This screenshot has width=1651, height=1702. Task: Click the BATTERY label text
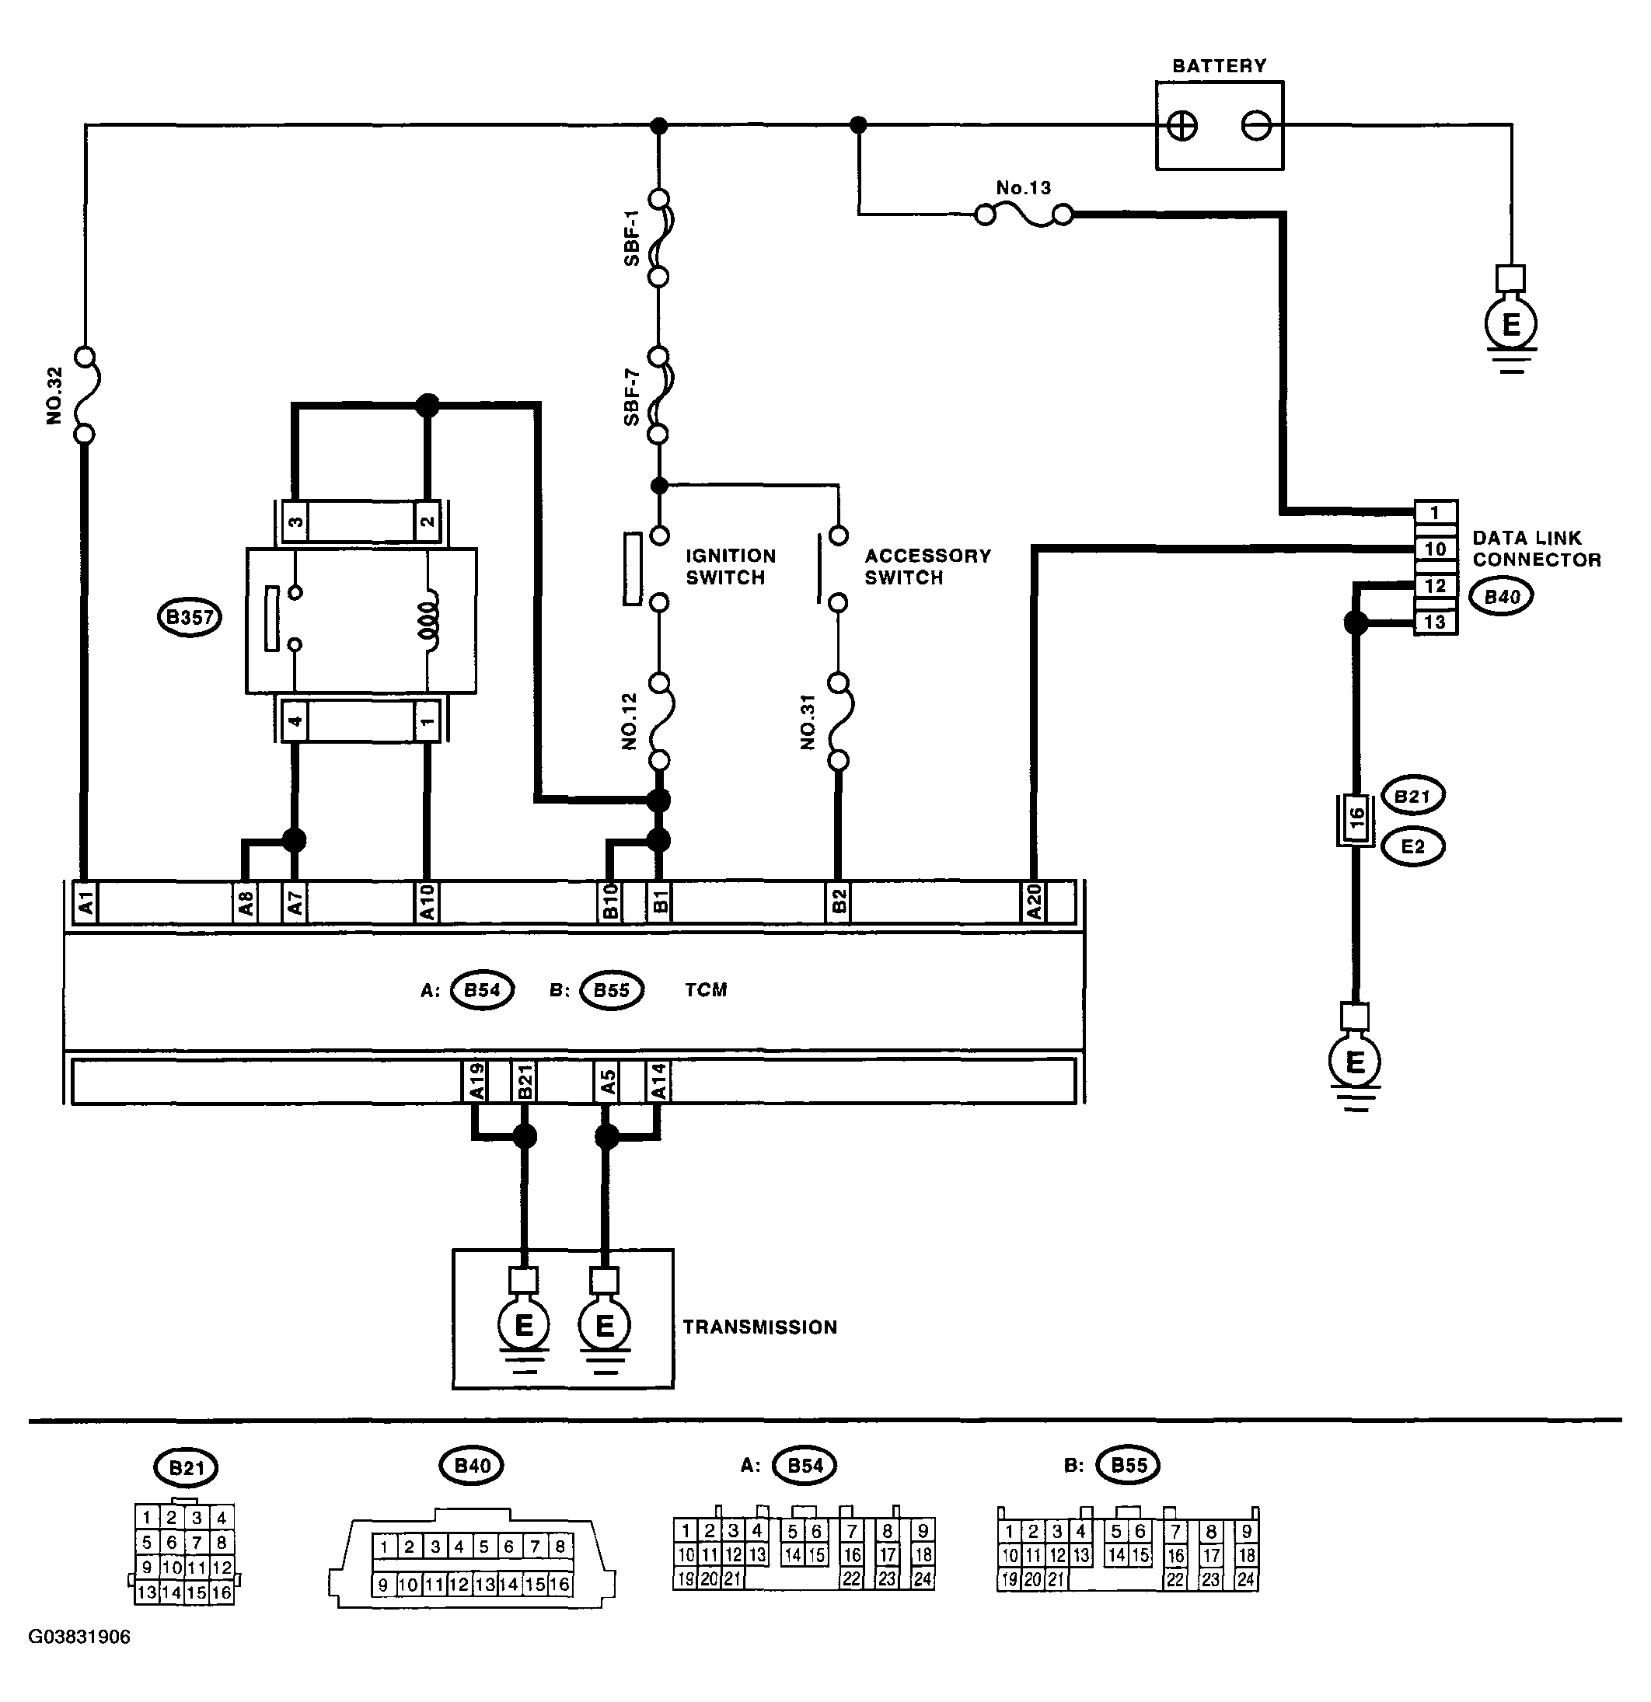click(1219, 66)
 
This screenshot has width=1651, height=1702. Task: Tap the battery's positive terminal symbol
click(1182, 126)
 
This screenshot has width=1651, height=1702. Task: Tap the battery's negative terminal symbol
click(1256, 126)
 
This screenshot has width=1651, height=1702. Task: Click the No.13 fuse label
click(1023, 187)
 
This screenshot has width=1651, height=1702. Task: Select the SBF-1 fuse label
click(631, 237)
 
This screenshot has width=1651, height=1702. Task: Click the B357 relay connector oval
click(190, 617)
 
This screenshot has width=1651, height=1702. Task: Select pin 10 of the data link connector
click(1436, 549)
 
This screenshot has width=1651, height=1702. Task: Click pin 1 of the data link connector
click(1436, 512)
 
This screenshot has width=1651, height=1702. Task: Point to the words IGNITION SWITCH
click(731, 567)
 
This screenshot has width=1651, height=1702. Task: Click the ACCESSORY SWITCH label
click(927, 567)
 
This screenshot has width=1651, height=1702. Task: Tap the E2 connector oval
click(1413, 846)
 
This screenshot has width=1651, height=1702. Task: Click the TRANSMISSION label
click(760, 1327)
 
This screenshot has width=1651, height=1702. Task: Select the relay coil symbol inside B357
click(429, 619)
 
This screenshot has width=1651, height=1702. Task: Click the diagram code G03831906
click(79, 1637)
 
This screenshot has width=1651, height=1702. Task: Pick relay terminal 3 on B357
click(295, 522)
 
